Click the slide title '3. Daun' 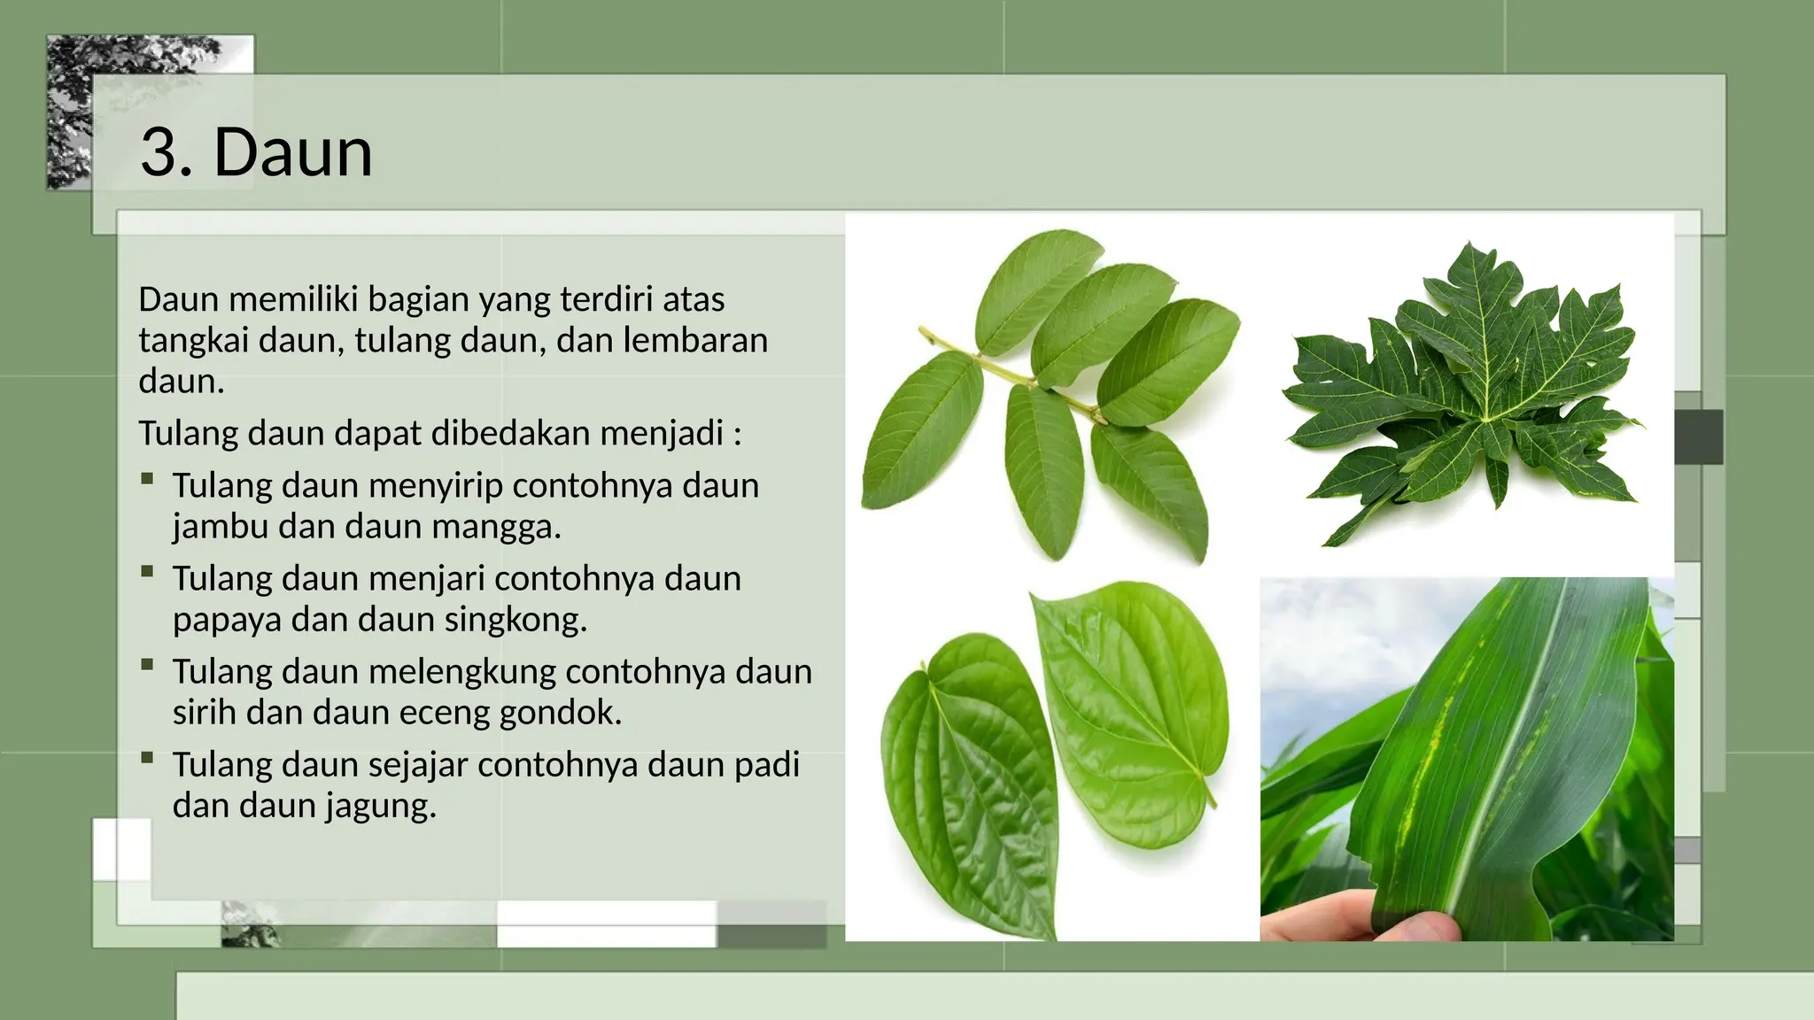(x=256, y=152)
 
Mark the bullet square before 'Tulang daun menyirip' (x=147, y=479)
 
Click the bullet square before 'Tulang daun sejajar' (x=147, y=758)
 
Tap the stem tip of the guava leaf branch (x=923, y=331)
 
